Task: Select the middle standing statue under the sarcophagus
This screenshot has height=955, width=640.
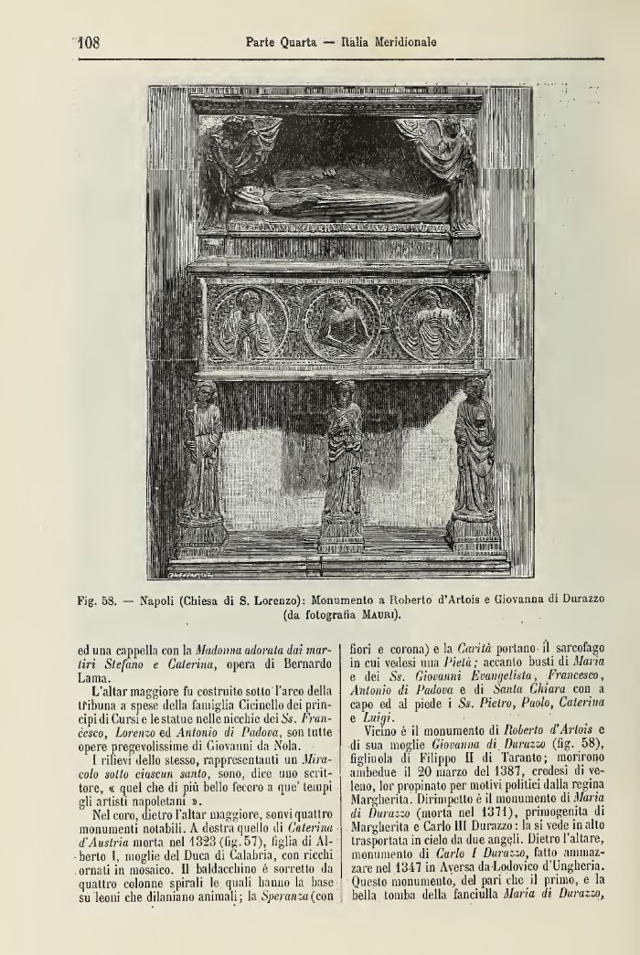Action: [x=343, y=466]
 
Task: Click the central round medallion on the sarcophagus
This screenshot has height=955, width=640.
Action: [x=342, y=323]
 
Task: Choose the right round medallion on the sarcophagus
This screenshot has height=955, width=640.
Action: [x=434, y=323]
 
